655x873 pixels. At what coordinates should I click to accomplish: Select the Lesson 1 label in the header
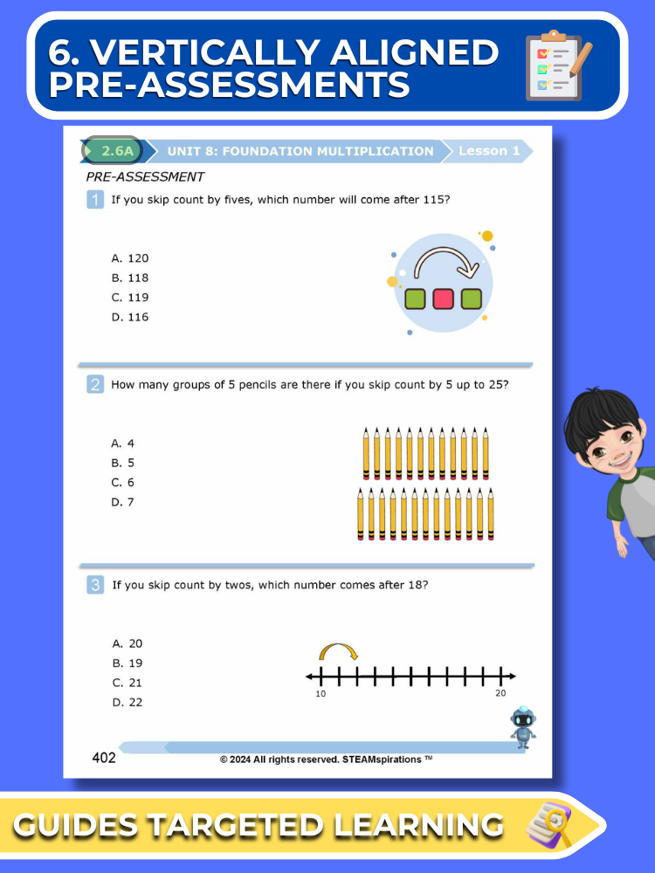coord(489,150)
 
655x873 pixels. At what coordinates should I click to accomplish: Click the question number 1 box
coord(95,200)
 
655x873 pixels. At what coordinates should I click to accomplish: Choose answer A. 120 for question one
coord(130,258)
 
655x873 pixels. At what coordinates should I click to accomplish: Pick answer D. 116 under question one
coord(130,317)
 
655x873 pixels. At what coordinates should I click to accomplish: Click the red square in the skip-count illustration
coord(444,299)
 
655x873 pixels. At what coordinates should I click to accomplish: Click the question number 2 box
coord(95,384)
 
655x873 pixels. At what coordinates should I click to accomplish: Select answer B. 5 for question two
coord(123,463)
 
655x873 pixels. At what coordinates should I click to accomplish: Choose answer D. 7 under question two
coord(123,502)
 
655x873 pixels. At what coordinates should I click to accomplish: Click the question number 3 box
coord(95,585)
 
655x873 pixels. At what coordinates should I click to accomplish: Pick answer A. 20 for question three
coord(128,643)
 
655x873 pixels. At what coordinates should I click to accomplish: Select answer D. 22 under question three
coord(128,702)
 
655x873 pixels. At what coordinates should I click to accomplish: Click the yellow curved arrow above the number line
coord(338,651)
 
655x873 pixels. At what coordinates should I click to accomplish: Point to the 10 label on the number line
coord(321,693)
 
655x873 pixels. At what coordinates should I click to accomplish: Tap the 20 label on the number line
coord(500,693)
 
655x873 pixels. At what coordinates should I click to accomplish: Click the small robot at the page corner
coord(523,726)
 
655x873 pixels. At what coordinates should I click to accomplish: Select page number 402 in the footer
coord(104,758)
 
